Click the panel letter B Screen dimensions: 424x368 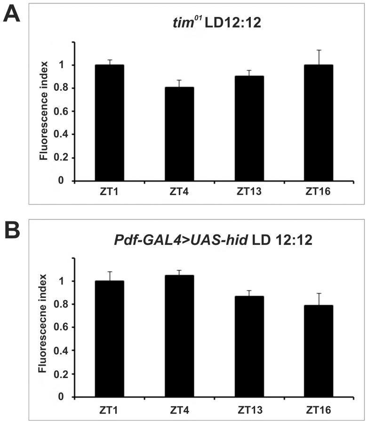tap(12, 231)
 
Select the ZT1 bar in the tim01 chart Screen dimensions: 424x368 tap(109, 123)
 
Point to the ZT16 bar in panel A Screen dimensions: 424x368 tap(319, 123)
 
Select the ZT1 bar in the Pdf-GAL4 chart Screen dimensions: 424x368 tap(109, 338)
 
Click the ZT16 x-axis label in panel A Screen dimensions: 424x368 tap(319, 192)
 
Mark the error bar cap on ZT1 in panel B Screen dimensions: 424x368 tap(109, 272)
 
